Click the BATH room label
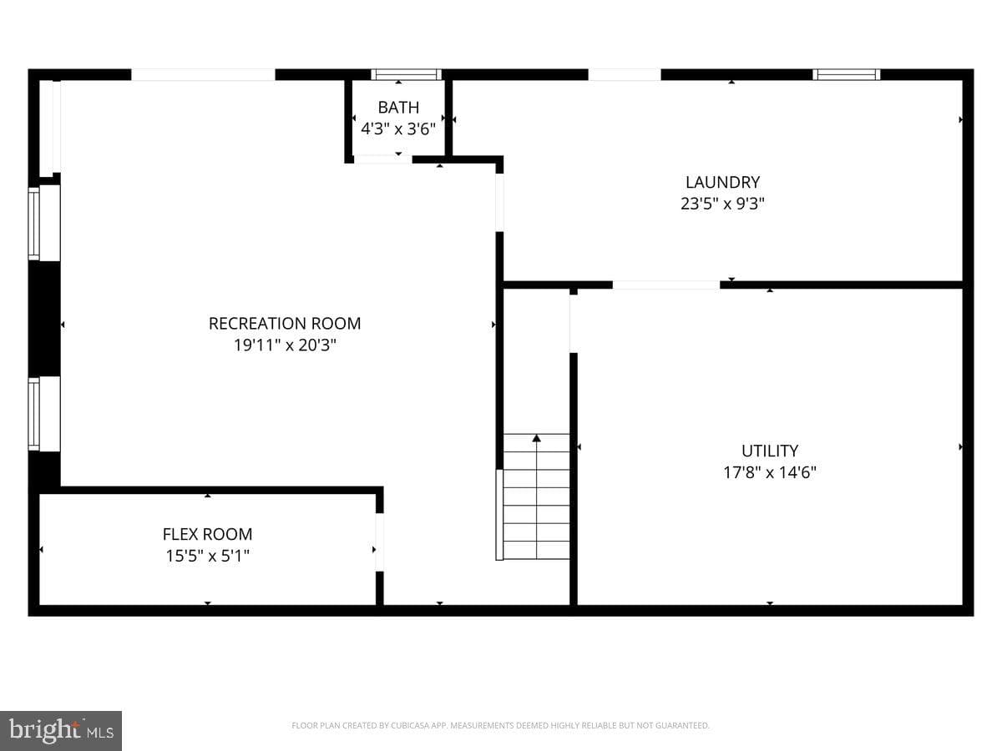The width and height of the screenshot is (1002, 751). (x=398, y=108)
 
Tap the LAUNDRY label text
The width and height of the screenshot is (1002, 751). (x=722, y=183)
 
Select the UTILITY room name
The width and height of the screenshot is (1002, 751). (x=770, y=451)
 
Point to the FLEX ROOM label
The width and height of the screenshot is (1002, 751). (x=207, y=534)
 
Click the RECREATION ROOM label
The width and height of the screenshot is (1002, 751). (x=285, y=324)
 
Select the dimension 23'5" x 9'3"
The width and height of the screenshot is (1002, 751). (x=722, y=204)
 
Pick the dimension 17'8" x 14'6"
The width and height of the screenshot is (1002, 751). (x=770, y=472)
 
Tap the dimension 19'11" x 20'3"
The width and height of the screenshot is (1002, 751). (x=285, y=345)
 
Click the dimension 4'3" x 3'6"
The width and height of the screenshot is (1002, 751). (x=398, y=129)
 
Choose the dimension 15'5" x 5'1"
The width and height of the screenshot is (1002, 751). (x=207, y=556)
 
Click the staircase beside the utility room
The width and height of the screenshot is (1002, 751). (x=536, y=496)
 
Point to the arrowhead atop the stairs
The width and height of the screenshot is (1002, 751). (x=536, y=438)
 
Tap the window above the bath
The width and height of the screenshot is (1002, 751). (x=407, y=75)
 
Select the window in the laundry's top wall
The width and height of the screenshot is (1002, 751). (x=846, y=75)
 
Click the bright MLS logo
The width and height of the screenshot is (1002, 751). (x=61, y=731)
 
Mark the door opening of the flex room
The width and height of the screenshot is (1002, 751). (x=379, y=542)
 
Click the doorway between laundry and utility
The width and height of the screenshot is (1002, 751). (x=666, y=285)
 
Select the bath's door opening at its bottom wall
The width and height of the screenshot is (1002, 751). (x=383, y=159)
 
